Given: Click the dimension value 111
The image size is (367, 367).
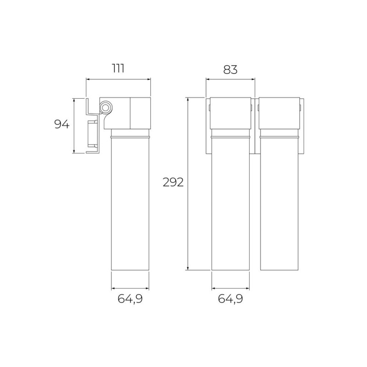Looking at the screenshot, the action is click(118, 68).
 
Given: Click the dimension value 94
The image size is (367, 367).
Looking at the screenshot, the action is click(62, 124).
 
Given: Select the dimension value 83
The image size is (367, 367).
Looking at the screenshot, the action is click(230, 70).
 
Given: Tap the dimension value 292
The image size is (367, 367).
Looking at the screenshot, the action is click(173, 182).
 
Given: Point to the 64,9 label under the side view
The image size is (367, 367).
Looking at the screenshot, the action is click(130, 299).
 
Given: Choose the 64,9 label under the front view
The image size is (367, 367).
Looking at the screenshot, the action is click(231, 299).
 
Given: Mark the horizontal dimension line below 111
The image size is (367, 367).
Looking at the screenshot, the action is click(118, 79).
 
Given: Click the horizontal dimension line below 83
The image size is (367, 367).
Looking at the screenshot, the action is click(230, 79).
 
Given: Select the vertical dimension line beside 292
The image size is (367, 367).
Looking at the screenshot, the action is click(188, 184).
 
